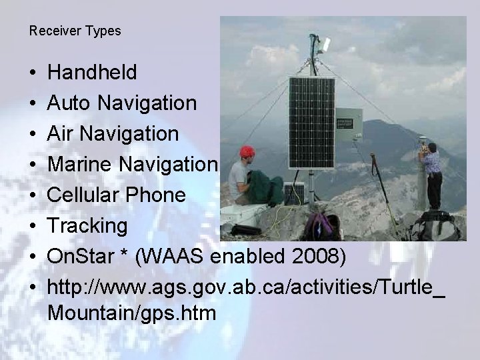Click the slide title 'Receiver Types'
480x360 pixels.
coord(75,31)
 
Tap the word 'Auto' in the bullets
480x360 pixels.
coord(70,103)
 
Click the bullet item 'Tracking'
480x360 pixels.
coord(87,226)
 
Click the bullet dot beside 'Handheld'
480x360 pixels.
coord(33,73)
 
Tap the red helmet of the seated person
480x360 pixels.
coord(247,152)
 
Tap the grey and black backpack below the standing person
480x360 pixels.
coord(435,227)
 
